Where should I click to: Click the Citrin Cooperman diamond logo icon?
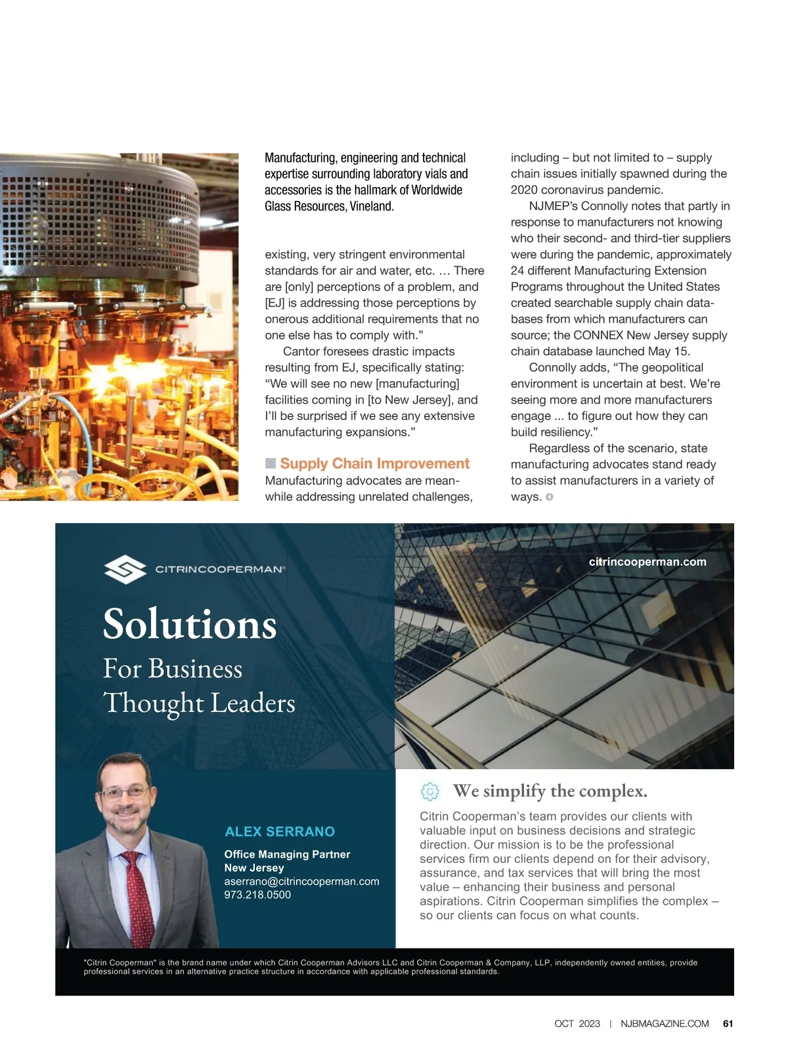125,569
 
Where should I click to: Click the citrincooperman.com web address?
647,562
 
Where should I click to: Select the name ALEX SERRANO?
280,832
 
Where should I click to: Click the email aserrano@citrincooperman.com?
301,881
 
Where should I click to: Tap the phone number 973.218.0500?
257,895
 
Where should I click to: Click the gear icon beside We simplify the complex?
429,791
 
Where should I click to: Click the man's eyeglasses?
125,792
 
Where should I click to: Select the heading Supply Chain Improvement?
374,463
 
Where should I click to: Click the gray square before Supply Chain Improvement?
271,463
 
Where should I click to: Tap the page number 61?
728,1024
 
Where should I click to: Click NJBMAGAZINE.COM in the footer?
665,1024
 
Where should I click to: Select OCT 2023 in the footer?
577,1024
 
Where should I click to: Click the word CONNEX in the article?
598,335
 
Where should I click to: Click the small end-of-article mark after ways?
550,497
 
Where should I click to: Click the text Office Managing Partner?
287,854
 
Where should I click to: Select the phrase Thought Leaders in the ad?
199,703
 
